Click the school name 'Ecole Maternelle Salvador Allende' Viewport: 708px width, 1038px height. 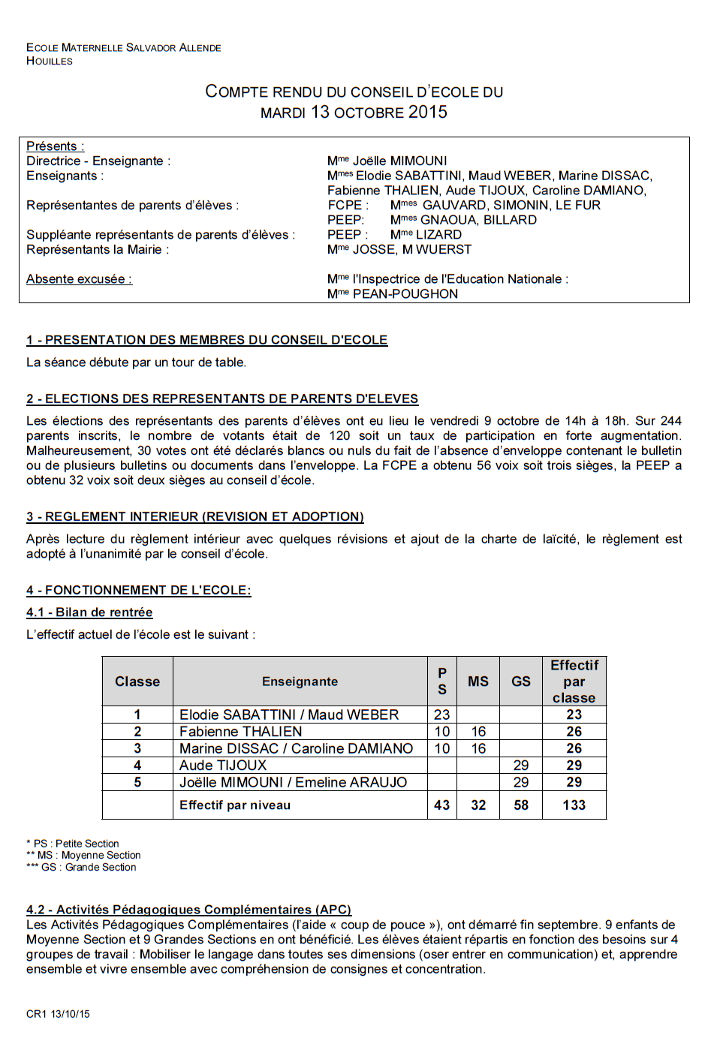124,47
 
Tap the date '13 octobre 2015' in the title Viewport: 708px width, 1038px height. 379,112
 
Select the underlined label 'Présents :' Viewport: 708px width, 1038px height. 55,146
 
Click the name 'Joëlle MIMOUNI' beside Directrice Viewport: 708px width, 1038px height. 399,161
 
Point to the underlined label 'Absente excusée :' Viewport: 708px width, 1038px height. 79,279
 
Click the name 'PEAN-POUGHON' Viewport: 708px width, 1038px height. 405,294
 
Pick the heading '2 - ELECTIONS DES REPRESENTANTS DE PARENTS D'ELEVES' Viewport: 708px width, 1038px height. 222,399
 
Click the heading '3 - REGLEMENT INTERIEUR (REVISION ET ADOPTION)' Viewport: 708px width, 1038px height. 194,516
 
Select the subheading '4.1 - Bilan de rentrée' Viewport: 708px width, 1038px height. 89,612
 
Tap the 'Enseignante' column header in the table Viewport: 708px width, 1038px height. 300,681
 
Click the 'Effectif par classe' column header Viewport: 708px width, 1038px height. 574,681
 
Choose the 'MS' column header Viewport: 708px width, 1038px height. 478,681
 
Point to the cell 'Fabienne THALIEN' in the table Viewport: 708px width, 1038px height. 240,732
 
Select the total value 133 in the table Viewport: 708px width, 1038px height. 574,805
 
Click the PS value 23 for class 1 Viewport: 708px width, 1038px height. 441,715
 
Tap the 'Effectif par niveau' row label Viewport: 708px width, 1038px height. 234,805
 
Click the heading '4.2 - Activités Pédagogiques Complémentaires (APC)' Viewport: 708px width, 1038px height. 188,910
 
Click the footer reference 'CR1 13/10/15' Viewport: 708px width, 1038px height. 58,1014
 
